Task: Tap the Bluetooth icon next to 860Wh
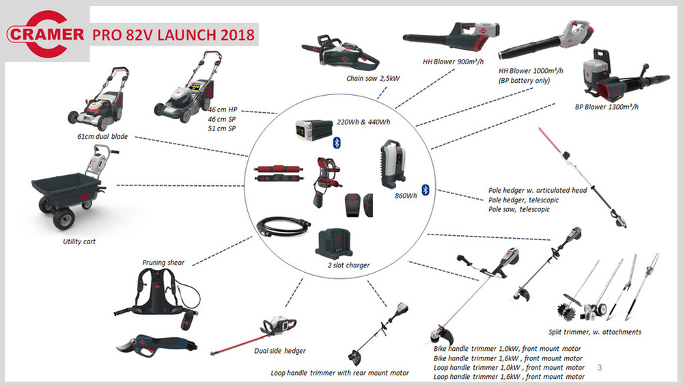(425, 189)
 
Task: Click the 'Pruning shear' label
(163, 262)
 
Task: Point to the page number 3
(600, 367)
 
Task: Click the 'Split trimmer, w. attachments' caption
(595, 332)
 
